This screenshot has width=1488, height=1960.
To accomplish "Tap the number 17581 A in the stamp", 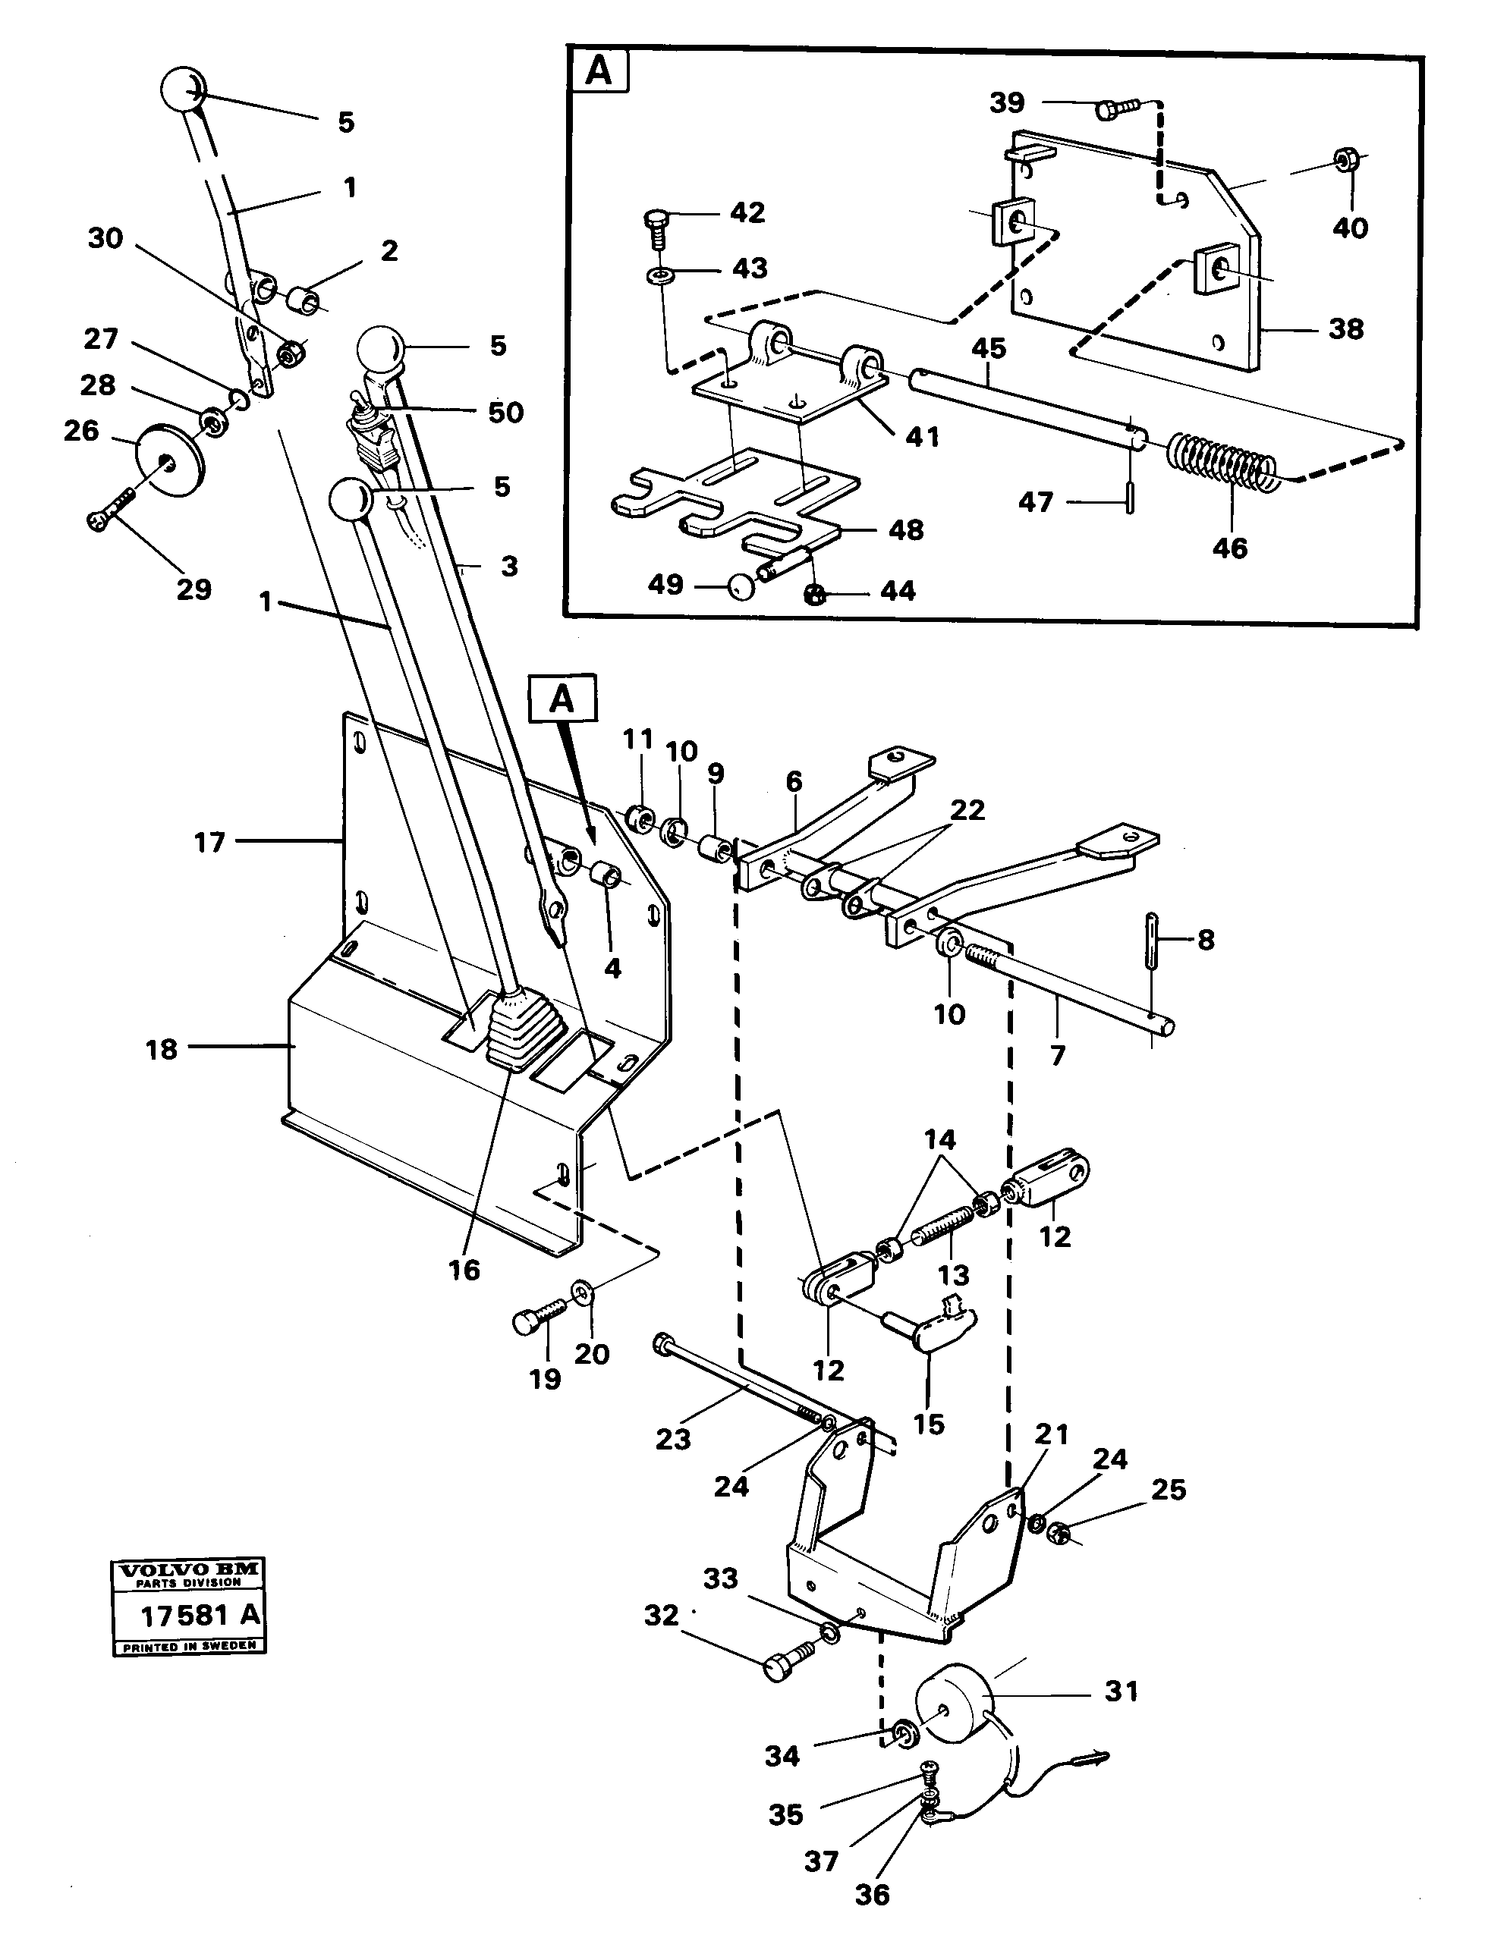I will pos(200,1614).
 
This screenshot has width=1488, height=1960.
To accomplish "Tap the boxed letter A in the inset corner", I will pos(599,71).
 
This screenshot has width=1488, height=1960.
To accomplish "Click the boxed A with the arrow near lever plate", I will pos(562,699).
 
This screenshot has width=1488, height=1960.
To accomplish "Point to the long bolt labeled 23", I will pos(744,1389).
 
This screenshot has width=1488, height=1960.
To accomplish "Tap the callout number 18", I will pos(162,1049).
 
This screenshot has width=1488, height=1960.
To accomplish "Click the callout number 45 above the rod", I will pos(988,348).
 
